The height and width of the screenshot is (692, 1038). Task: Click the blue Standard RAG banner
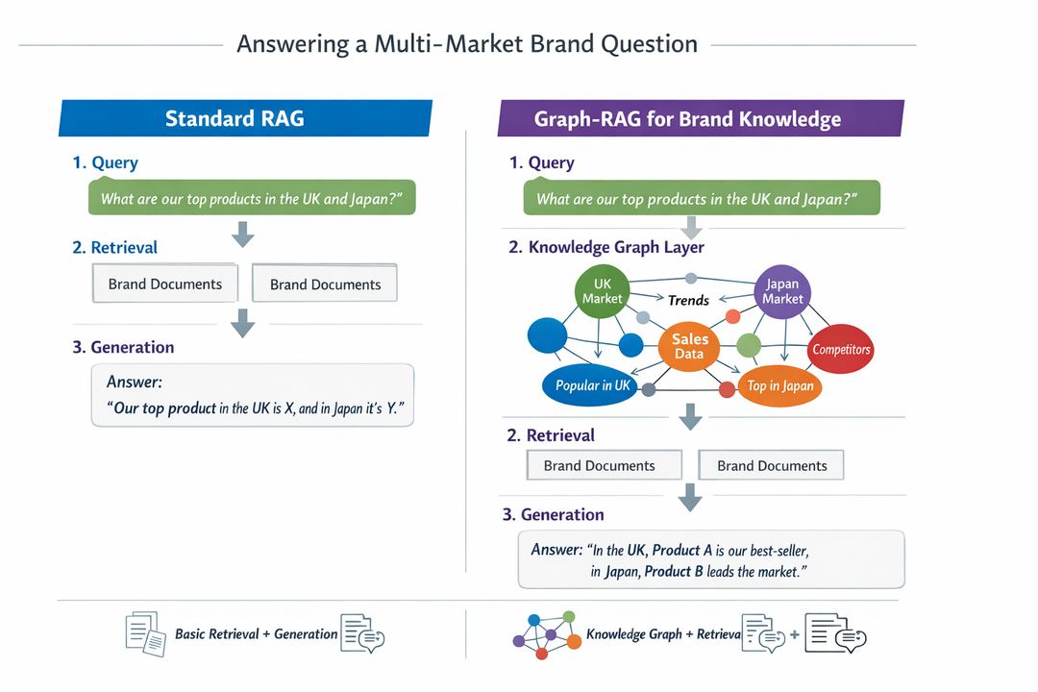point(245,118)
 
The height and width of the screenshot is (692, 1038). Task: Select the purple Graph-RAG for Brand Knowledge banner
point(700,119)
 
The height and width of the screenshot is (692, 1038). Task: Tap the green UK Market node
point(602,290)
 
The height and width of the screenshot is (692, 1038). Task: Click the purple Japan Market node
point(782,291)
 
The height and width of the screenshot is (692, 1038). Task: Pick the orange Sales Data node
point(689,346)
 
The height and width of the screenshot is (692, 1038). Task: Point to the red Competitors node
point(840,349)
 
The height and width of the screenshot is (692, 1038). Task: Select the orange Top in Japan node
point(779,386)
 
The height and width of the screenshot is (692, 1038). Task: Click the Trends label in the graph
point(688,300)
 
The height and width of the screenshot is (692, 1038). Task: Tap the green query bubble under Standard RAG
point(252,198)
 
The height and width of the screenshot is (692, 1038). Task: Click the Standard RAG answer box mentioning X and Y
point(252,395)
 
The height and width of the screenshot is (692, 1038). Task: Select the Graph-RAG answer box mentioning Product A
point(711,559)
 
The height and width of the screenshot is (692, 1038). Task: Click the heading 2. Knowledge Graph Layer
point(605,247)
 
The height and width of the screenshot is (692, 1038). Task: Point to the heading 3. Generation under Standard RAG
point(123,347)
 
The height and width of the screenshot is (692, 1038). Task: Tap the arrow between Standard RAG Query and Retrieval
point(243,233)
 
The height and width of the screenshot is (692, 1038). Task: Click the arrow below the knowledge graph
point(689,416)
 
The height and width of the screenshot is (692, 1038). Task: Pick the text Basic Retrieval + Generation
point(256,634)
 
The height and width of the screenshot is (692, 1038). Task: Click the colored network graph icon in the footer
point(545,633)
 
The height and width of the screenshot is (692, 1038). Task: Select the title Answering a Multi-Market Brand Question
point(467,44)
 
